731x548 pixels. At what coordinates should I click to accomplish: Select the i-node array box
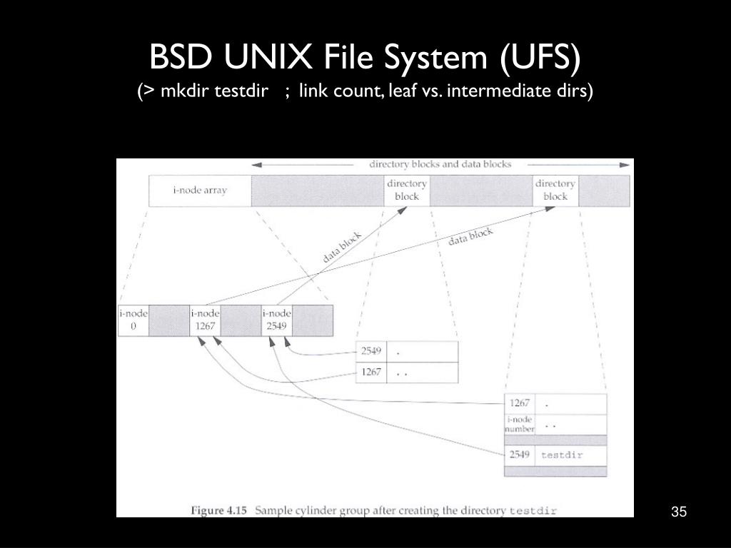coord(200,191)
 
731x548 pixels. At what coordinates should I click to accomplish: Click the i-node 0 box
coord(133,320)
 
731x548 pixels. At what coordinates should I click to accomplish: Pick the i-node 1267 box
coord(205,320)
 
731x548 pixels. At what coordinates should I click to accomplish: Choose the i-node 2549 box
coord(276,320)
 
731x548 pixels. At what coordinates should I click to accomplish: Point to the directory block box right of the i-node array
coord(407,190)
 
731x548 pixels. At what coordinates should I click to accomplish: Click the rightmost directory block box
coord(555,190)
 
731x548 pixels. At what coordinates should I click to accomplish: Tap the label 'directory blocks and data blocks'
coord(440,164)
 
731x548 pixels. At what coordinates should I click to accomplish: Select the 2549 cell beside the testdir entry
coord(519,455)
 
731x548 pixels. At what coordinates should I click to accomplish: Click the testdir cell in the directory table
coord(570,455)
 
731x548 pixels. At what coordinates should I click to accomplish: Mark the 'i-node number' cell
coord(519,425)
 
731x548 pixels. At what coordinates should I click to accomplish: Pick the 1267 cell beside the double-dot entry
coord(370,372)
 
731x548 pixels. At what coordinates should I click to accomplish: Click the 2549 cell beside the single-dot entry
coord(370,351)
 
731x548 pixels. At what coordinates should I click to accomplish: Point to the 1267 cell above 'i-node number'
coord(519,403)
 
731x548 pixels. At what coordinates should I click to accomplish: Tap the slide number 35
coord(678,512)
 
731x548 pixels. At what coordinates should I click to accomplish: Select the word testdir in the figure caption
coord(533,511)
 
